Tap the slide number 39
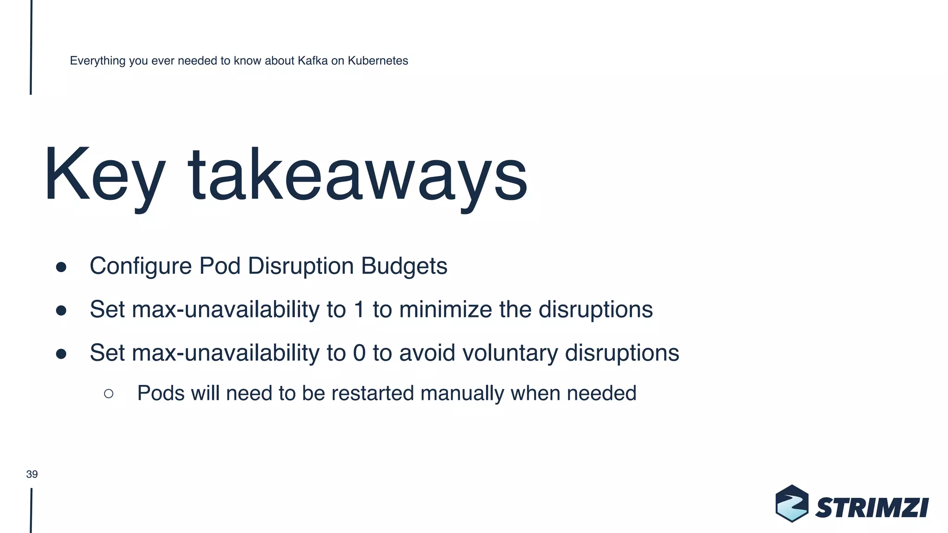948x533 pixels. (x=32, y=474)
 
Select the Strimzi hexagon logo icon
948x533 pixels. (x=792, y=503)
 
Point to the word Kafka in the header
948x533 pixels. (x=312, y=61)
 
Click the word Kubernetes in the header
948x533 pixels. (x=378, y=61)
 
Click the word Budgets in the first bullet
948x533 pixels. (x=404, y=266)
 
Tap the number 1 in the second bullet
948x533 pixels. (x=359, y=310)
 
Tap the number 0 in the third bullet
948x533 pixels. (x=359, y=353)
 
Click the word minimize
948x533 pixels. (x=445, y=310)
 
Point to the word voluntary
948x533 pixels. (x=510, y=353)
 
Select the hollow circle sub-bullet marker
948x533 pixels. (x=109, y=394)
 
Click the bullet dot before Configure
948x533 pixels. (x=61, y=267)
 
